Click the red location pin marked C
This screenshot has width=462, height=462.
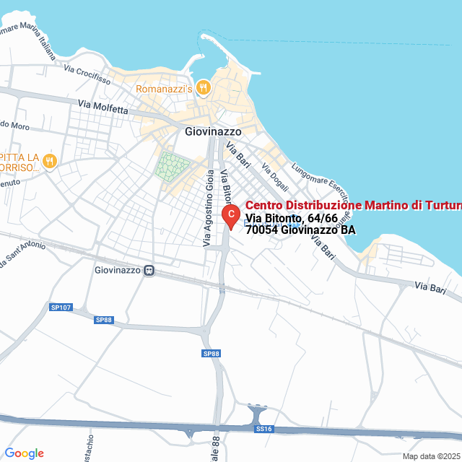(230, 214)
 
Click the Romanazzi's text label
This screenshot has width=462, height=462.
(165, 89)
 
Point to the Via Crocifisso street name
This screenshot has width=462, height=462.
(87, 74)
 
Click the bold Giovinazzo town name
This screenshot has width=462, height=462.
(213, 131)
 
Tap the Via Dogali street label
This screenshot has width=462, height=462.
(275, 175)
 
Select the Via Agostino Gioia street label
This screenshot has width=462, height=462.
(208, 208)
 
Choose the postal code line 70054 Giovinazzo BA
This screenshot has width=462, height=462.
(300, 230)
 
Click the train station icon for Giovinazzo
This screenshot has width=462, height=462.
(149, 271)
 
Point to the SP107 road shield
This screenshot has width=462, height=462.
(61, 308)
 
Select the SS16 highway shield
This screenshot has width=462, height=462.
(263, 429)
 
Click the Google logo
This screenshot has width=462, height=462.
(24, 453)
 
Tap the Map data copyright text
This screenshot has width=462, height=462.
(431, 456)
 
